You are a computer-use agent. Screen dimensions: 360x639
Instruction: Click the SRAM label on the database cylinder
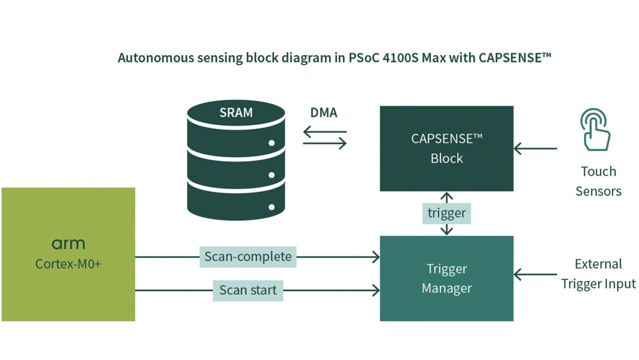click(x=236, y=112)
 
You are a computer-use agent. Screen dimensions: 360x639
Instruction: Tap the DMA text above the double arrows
click(x=323, y=113)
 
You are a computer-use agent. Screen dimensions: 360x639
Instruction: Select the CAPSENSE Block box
click(x=446, y=148)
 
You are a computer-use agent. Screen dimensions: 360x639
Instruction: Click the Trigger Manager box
click(x=446, y=278)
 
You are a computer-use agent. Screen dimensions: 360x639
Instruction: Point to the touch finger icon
click(x=595, y=130)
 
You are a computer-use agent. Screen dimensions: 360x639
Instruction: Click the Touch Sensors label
click(x=598, y=181)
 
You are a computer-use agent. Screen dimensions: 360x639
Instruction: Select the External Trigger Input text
click(x=598, y=274)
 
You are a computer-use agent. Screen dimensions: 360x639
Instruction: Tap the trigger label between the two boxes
click(x=446, y=213)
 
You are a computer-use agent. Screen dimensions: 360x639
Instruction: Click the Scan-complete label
click(x=248, y=257)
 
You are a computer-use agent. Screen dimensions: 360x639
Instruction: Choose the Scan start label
click(x=248, y=290)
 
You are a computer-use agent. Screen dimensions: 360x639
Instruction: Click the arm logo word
click(x=68, y=244)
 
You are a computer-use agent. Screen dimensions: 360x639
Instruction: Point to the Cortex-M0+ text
click(x=68, y=264)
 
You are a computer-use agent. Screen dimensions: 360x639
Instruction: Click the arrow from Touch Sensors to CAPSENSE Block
click(x=535, y=148)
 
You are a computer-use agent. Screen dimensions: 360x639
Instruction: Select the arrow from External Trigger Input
click(x=535, y=274)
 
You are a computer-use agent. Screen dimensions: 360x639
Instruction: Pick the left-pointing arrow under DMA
click(x=324, y=132)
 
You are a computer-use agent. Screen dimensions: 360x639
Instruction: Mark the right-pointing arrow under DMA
click(x=324, y=144)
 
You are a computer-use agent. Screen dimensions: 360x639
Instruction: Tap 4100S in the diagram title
click(x=397, y=58)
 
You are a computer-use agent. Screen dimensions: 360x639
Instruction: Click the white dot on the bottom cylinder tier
click(x=272, y=207)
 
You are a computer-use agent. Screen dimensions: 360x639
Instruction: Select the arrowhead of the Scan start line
click(x=375, y=290)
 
